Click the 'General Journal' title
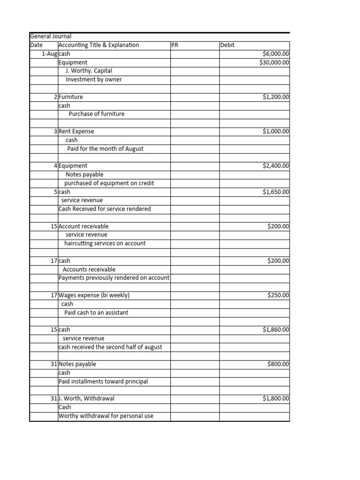[x=51, y=37]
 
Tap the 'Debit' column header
[x=227, y=45]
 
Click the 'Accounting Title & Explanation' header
[x=99, y=45]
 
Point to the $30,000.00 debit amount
[x=274, y=62]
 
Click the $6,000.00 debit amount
[x=276, y=54]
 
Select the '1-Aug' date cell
[x=49, y=54]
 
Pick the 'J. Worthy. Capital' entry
[x=89, y=71]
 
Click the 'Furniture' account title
[x=71, y=97]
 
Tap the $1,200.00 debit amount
[x=276, y=97]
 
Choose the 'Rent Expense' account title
[x=76, y=131]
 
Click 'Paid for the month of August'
[x=105, y=149]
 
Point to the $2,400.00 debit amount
[x=276, y=165]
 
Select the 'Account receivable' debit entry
[x=83, y=226]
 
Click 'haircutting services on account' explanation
[x=105, y=243]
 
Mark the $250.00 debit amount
[x=278, y=295]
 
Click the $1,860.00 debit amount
[x=276, y=330]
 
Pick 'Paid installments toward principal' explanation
[x=103, y=382]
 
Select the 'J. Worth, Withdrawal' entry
[x=87, y=398]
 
